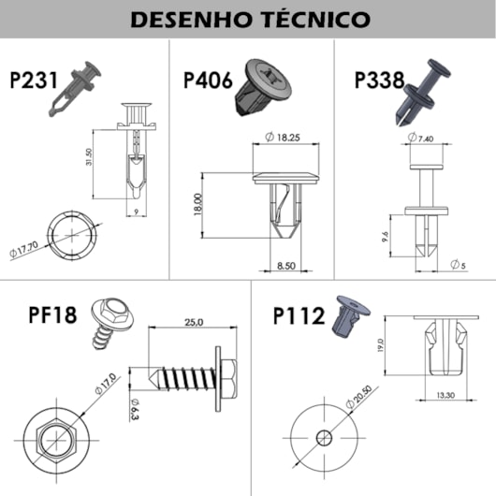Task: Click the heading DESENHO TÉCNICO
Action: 248,19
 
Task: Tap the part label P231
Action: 34,80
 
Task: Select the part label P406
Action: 208,80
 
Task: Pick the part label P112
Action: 298,314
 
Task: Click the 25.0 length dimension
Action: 193,323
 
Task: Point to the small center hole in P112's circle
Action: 323,438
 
